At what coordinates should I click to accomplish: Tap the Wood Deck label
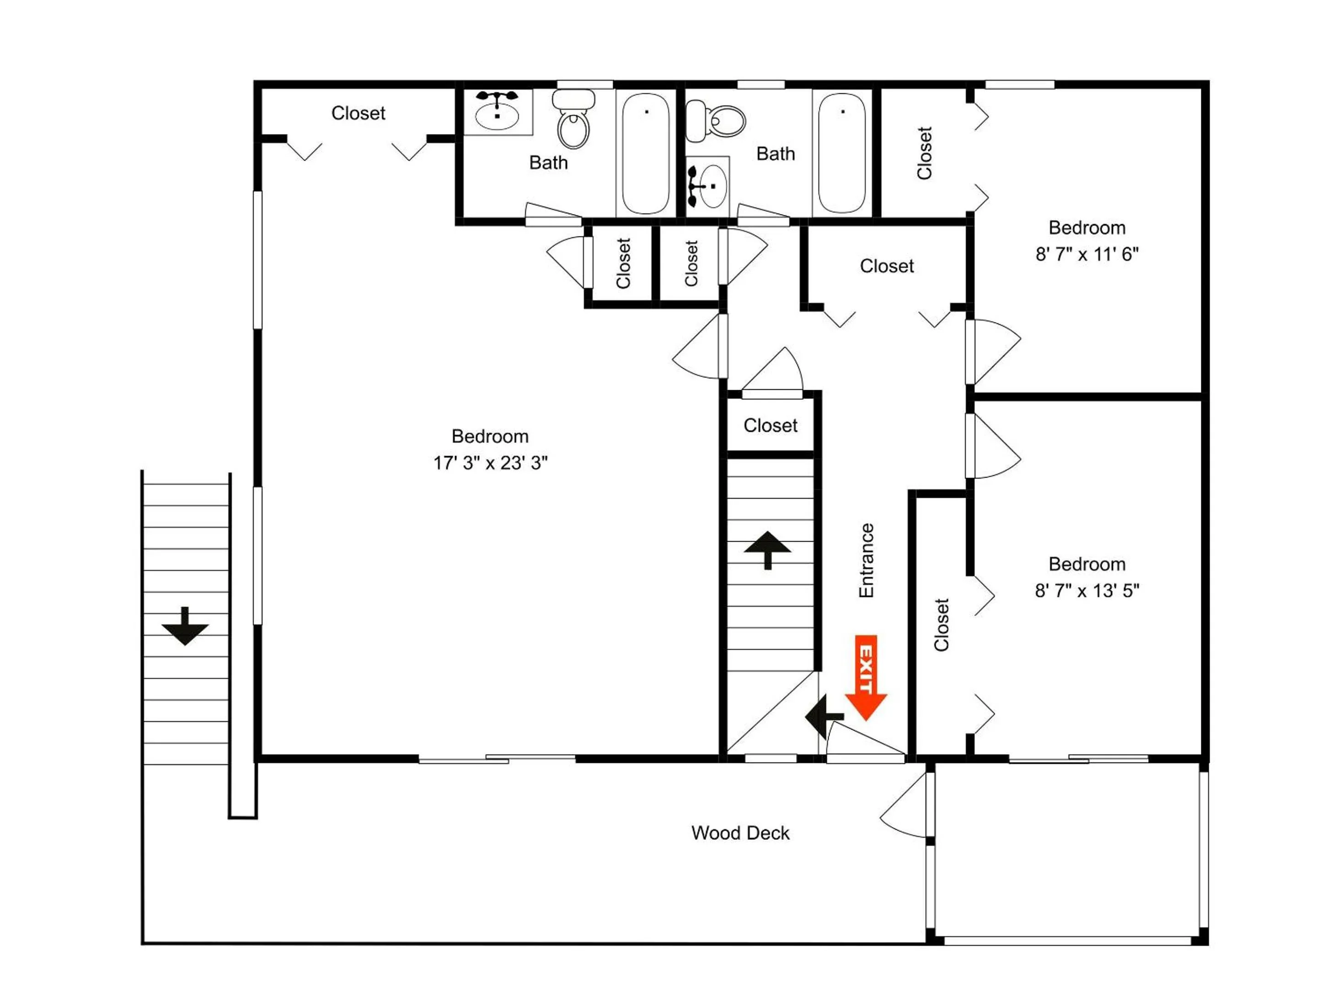(x=740, y=832)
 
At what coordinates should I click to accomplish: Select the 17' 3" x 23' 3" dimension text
(x=490, y=463)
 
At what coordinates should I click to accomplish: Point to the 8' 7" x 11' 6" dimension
(x=1087, y=254)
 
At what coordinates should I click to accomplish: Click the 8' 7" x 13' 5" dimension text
(x=1087, y=591)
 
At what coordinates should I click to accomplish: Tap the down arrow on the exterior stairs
(x=185, y=626)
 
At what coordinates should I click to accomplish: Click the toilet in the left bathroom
(x=573, y=118)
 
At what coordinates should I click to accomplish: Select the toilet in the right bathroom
(x=715, y=121)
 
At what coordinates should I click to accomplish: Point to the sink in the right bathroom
(x=708, y=187)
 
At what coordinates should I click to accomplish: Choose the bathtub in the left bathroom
(x=646, y=153)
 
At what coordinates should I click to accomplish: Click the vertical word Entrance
(x=866, y=560)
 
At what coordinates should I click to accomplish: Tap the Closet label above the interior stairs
(x=771, y=425)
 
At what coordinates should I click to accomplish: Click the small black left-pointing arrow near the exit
(x=824, y=716)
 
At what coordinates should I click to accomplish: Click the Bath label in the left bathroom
(x=548, y=162)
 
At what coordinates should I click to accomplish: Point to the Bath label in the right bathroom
(x=775, y=154)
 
